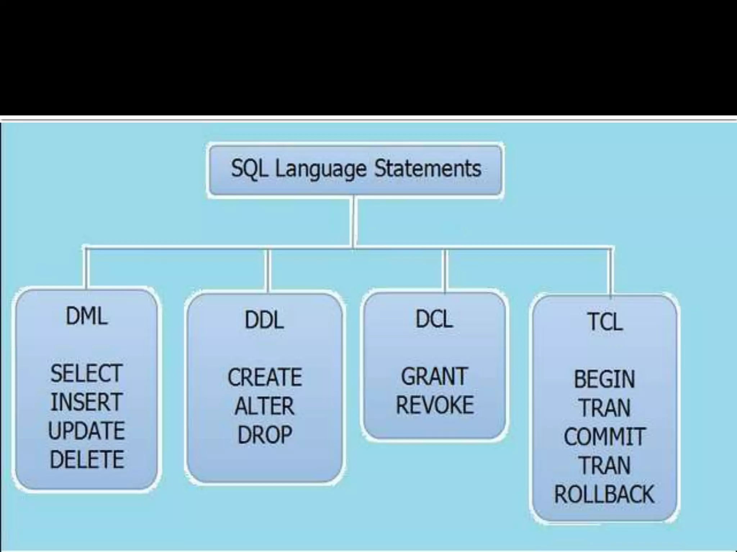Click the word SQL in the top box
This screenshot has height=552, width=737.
[249, 169]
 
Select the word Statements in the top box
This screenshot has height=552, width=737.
[428, 169]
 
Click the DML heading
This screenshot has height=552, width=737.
[86, 317]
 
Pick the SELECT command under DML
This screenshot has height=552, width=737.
[86, 373]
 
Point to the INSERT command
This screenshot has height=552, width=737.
[86, 402]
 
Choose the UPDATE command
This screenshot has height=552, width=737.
[86, 431]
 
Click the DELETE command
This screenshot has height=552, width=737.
[87, 459]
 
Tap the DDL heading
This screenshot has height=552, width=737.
[264, 320]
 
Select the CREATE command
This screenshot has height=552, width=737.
[265, 377]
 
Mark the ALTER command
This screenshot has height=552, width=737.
[264, 406]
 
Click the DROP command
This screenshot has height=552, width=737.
[264, 434]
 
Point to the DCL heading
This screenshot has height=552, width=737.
[434, 319]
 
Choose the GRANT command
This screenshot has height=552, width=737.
[434, 377]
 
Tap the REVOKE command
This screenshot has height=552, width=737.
[435, 405]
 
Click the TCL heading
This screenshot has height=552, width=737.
[605, 322]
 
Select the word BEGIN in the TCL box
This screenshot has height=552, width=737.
[605, 379]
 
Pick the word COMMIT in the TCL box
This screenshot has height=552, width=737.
[605, 437]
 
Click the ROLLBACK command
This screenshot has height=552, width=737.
[604, 494]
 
